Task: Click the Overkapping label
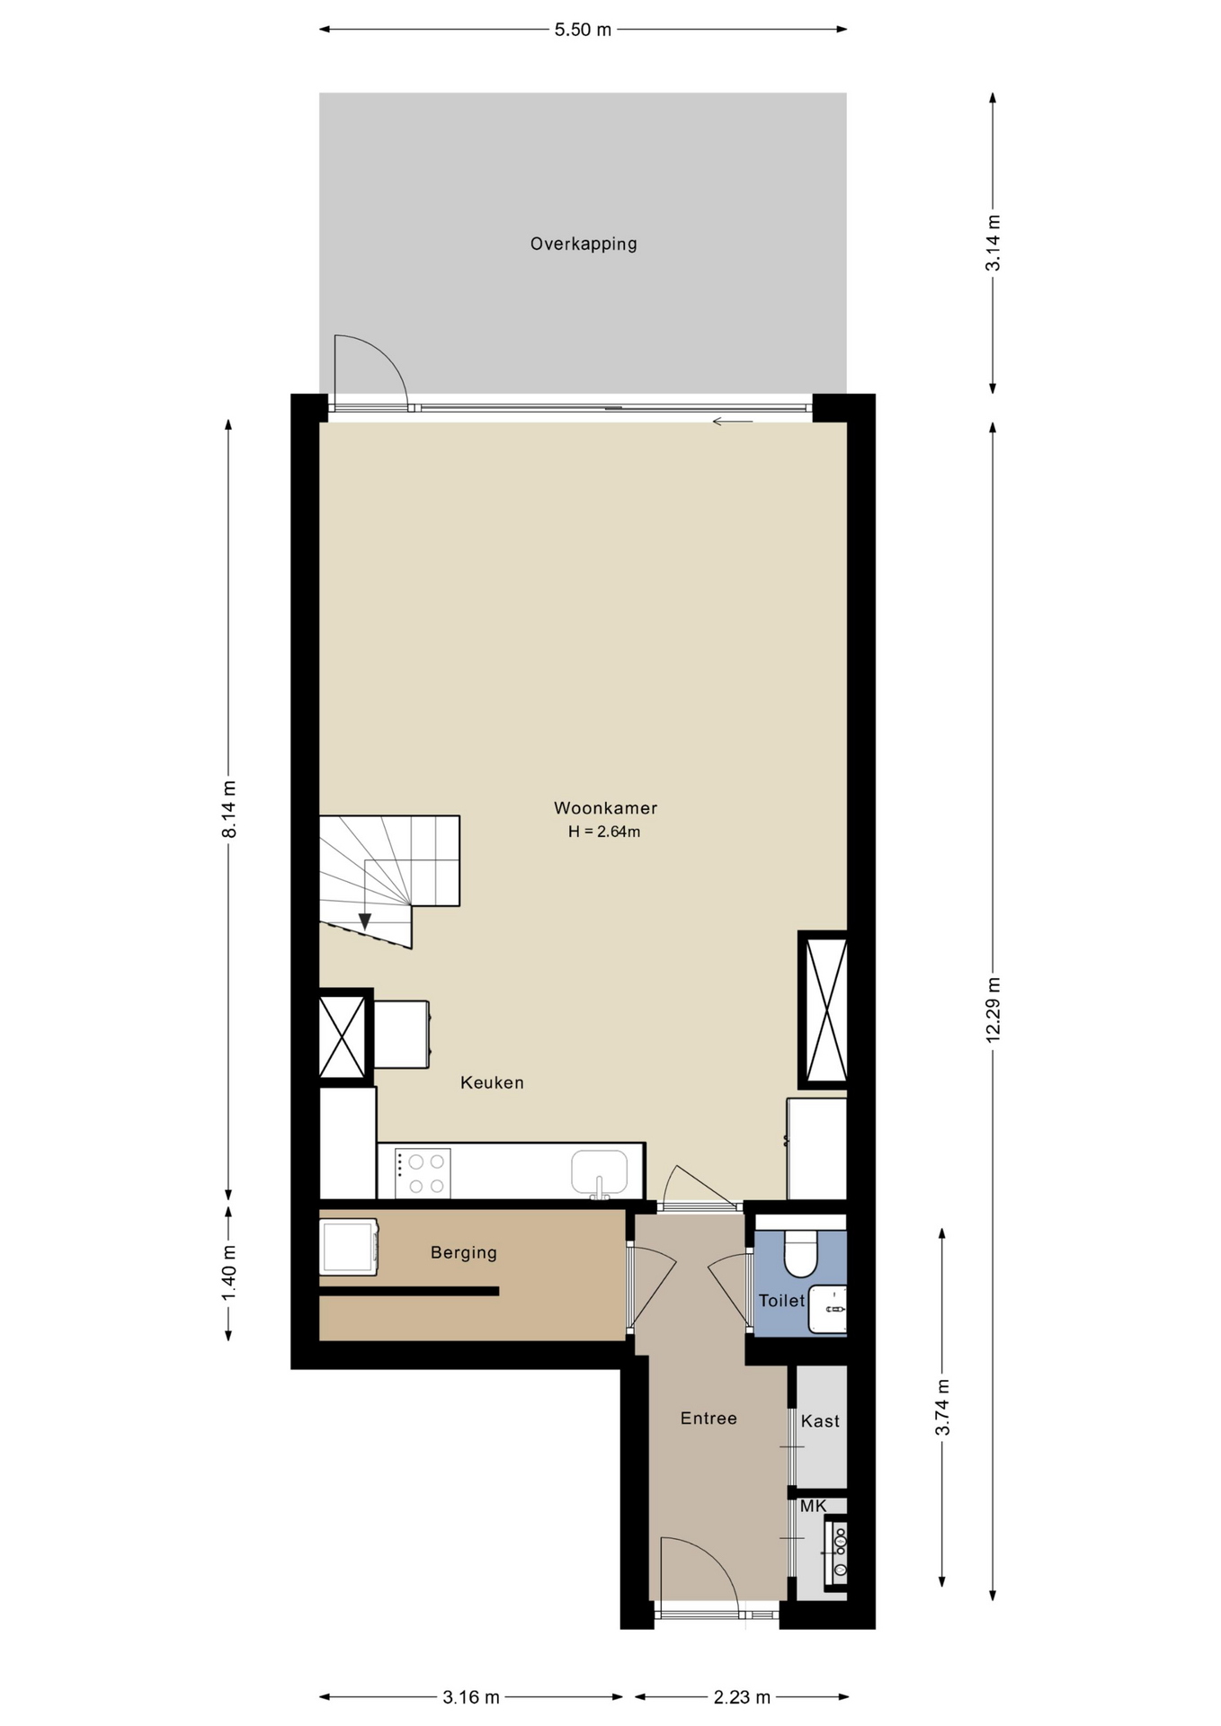coord(584,244)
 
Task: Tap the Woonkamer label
coord(605,808)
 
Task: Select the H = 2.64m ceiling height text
coord(604,832)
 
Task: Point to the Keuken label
coord(492,1082)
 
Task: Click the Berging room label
coord(464,1252)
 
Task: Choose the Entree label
coord(709,1418)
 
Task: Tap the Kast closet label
coord(820,1420)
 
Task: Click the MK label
coord(813,1505)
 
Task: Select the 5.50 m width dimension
coord(583,30)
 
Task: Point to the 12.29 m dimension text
coord(994,1010)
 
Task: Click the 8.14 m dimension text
coord(229,809)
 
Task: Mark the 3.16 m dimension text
coord(471,1697)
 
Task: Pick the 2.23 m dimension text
coord(742,1697)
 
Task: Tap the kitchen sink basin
coord(599,1171)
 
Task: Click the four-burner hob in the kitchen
coord(423,1173)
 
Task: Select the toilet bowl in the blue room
coord(800,1253)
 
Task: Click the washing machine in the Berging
coord(349,1247)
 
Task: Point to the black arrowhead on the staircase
coord(365,921)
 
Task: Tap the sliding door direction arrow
coord(733,421)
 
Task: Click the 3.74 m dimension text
coord(942,1407)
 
